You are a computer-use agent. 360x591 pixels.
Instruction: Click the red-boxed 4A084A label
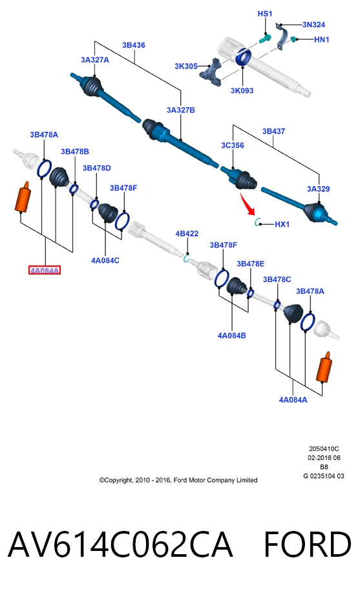[x=45, y=270]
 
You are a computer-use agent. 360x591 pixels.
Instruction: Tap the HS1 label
[x=264, y=14]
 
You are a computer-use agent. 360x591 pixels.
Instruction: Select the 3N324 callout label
[x=313, y=25]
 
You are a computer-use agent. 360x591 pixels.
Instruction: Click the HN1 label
[x=322, y=39]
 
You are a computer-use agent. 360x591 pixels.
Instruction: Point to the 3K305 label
[x=186, y=67]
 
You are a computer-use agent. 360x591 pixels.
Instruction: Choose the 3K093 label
[x=242, y=90]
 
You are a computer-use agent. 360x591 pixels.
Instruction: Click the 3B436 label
[x=133, y=45]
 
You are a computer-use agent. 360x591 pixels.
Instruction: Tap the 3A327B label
[x=180, y=110]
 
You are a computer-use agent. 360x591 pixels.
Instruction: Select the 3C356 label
[x=232, y=145]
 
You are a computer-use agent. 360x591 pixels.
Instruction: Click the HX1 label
[x=282, y=224]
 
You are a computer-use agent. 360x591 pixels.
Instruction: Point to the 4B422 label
[x=187, y=234]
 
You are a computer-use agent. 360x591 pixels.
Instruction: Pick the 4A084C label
[x=105, y=260]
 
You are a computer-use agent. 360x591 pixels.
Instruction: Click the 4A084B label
[x=231, y=335]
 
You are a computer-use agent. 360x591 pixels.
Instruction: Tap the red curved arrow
[x=248, y=204]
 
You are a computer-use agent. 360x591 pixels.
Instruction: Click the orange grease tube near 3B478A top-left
[x=23, y=197]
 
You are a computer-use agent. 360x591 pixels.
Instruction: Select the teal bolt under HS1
[x=266, y=39]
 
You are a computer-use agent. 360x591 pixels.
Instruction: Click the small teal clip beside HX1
[x=258, y=222]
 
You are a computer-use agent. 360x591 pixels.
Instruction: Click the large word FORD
[x=307, y=544]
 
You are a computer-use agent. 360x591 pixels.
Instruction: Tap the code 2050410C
[x=324, y=449]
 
